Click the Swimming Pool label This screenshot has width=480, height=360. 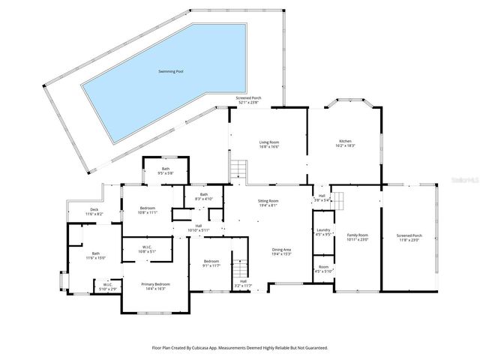coord(170,71)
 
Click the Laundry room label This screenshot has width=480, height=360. coord(323,232)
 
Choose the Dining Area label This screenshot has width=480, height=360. coord(281,251)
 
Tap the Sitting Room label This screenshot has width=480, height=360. coord(268,202)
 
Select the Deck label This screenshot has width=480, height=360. coord(94,211)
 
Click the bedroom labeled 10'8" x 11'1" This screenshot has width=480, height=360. coord(148,210)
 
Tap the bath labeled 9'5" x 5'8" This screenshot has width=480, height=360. coord(165,171)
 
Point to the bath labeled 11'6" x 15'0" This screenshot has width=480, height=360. coord(96,256)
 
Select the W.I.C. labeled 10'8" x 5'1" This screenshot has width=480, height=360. coord(148,249)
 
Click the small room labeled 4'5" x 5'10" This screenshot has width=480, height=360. coord(323,268)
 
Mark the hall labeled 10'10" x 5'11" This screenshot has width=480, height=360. coord(199,227)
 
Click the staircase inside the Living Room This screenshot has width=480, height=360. coord(238,168)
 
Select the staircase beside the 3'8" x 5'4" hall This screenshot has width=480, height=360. coord(339,202)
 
